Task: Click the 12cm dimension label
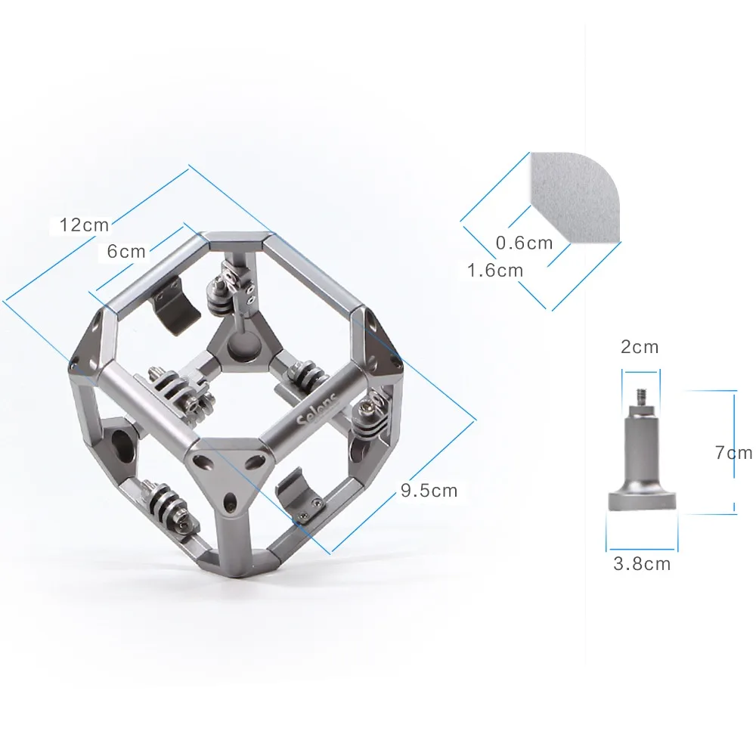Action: click(84, 225)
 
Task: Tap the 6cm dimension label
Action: click(126, 251)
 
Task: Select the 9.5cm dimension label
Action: click(429, 491)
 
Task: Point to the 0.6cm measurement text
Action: click(524, 243)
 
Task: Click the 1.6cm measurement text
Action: click(495, 270)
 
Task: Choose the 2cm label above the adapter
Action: click(640, 347)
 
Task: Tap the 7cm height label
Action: click(733, 452)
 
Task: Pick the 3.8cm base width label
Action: click(642, 564)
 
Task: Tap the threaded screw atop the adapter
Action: click(641, 398)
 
